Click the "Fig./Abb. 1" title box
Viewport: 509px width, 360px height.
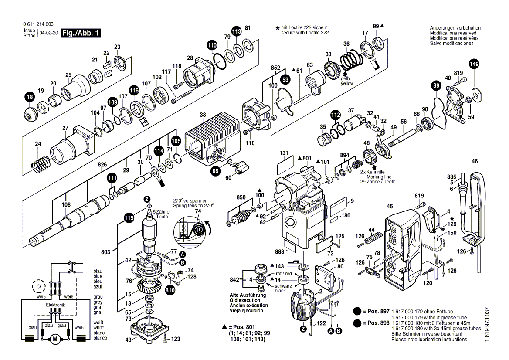pyautogui.click(x=81, y=33)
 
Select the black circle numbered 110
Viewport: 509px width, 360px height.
pyautogui.click(x=212, y=45)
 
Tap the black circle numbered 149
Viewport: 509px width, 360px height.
pyautogui.click(x=473, y=65)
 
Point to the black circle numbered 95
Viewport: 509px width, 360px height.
pyautogui.click(x=216, y=171)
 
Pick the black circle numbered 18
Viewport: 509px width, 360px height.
pyautogui.click(x=29, y=98)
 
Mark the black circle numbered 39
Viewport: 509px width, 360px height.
pyautogui.click(x=436, y=86)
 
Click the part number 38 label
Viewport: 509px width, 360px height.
pyautogui.click(x=203, y=115)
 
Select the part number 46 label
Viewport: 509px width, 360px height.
pyautogui.click(x=475, y=162)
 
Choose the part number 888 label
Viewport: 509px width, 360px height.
pyautogui.click(x=279, y=252)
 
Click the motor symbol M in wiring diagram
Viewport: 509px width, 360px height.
pyautogui.click(x=55, y=338)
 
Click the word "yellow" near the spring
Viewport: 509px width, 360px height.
pyautogui.click(x=347, y=83)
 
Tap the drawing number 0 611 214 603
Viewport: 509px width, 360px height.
pyautogui.click(x=39, y=24)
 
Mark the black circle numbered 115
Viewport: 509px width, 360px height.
pyautogui.click(x=129, y=218)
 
